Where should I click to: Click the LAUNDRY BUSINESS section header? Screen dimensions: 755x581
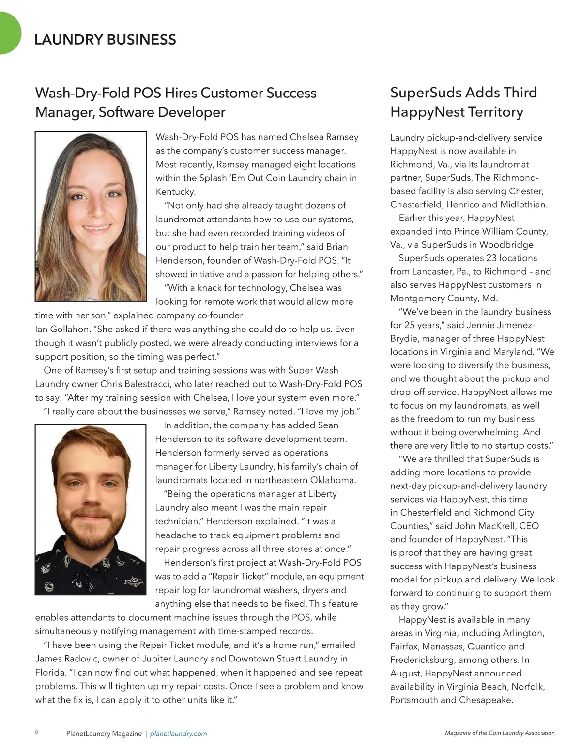click(105, 40)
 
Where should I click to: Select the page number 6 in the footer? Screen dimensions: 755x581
click(37, 732)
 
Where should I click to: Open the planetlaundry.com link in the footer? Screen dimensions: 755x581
click(178, 734)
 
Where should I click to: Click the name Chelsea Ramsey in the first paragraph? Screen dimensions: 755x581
click(324, 137)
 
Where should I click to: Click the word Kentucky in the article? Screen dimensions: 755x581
click(176, 192)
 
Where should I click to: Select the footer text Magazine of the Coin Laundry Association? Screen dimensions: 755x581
click(500, 733)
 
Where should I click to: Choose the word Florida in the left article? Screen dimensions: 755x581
click(50, 672)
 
